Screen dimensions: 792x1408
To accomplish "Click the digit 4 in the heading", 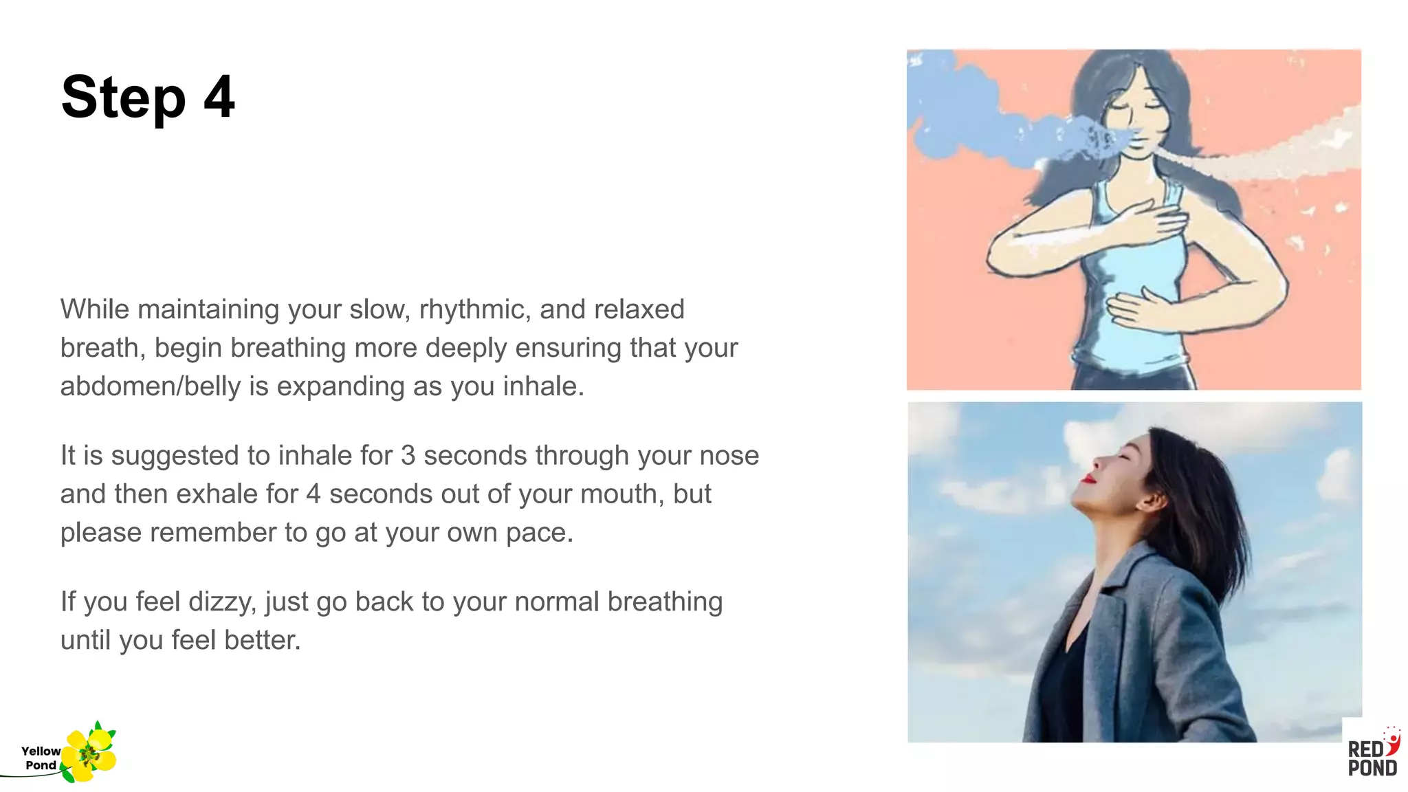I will pyautogui.click(x=219, y=98).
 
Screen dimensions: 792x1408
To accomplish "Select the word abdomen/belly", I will pyautogui.click(x=151, y=387).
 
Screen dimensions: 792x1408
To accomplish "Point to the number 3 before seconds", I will pyautogui.click(x=408, y=456).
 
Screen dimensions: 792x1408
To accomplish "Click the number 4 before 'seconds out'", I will pyautogui.click(x=313, y=494).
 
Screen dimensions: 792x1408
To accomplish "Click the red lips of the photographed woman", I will pyautogui.click(x=1088, y=477).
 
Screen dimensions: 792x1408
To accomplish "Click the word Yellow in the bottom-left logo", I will pyautogui.click(x=41, y=751).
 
